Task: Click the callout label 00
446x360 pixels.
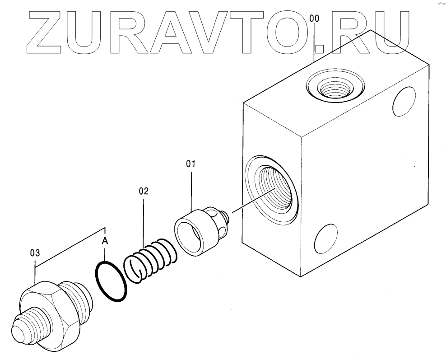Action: (x=315, y=19)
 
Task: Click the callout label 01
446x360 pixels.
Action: (x=190, y=164)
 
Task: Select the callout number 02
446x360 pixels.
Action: (x=144, y=191)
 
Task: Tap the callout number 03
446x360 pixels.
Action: (x=35, y=253)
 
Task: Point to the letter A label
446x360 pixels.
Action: (x=105, y=241)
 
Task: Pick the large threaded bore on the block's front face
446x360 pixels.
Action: (x=273, y=190)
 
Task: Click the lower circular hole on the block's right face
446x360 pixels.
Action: (x=325, y=237)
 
